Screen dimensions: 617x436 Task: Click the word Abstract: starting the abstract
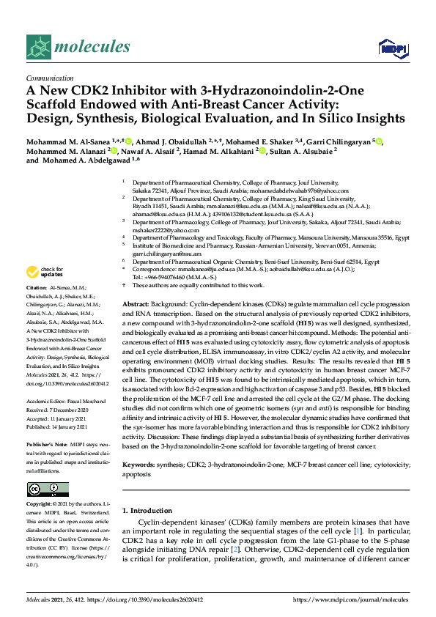click(x=136, y=303)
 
